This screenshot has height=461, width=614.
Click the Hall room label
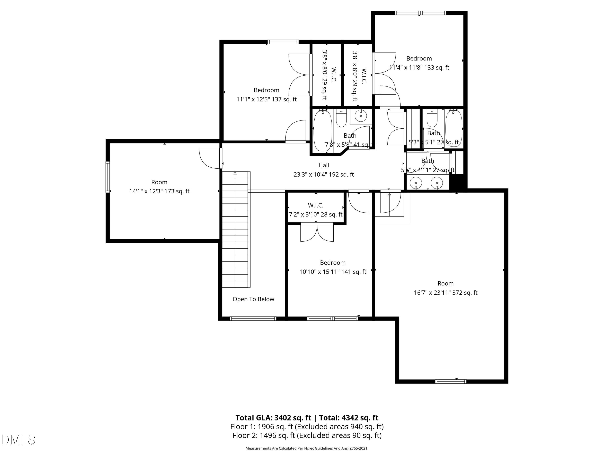324,165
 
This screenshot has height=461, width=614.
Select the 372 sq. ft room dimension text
446,293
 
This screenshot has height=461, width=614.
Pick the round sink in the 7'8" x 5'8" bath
361,116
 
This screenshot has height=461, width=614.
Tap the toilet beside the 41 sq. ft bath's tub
341,118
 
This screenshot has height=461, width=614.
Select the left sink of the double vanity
416,183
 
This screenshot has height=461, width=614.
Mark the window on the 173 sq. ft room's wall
107,177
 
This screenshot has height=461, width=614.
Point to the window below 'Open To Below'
253,318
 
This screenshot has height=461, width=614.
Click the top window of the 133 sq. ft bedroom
420,13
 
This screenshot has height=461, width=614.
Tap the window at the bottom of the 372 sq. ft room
451,382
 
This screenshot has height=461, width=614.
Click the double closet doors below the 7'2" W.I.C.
317,232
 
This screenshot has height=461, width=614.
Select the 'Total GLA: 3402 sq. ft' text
273,418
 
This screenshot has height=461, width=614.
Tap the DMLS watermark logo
18,440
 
